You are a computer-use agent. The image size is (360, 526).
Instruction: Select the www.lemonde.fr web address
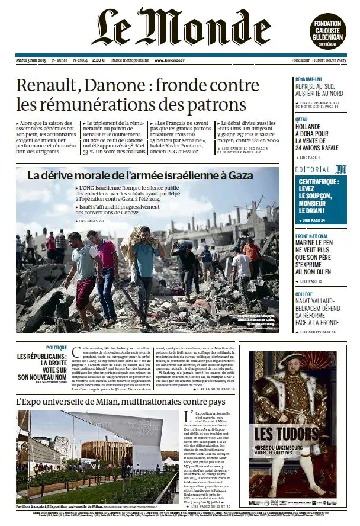pos(169,60)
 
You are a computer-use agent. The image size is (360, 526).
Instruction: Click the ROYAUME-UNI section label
pos(309,79)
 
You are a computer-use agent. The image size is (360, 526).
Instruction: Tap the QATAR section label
pos(302,119)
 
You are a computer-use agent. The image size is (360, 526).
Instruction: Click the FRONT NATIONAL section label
pos(311,236)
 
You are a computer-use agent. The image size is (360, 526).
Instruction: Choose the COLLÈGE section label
pos(304,294)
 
